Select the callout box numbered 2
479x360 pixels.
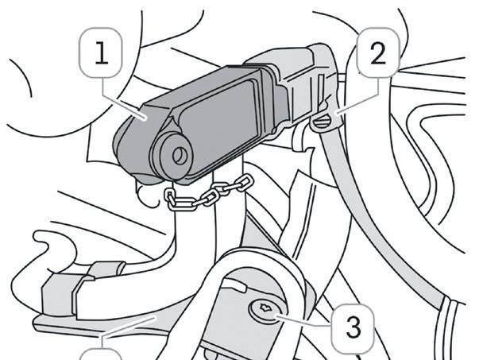pos(378,54)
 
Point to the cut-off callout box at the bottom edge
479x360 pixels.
pos(102,354)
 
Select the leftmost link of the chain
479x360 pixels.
pos(174,199)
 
